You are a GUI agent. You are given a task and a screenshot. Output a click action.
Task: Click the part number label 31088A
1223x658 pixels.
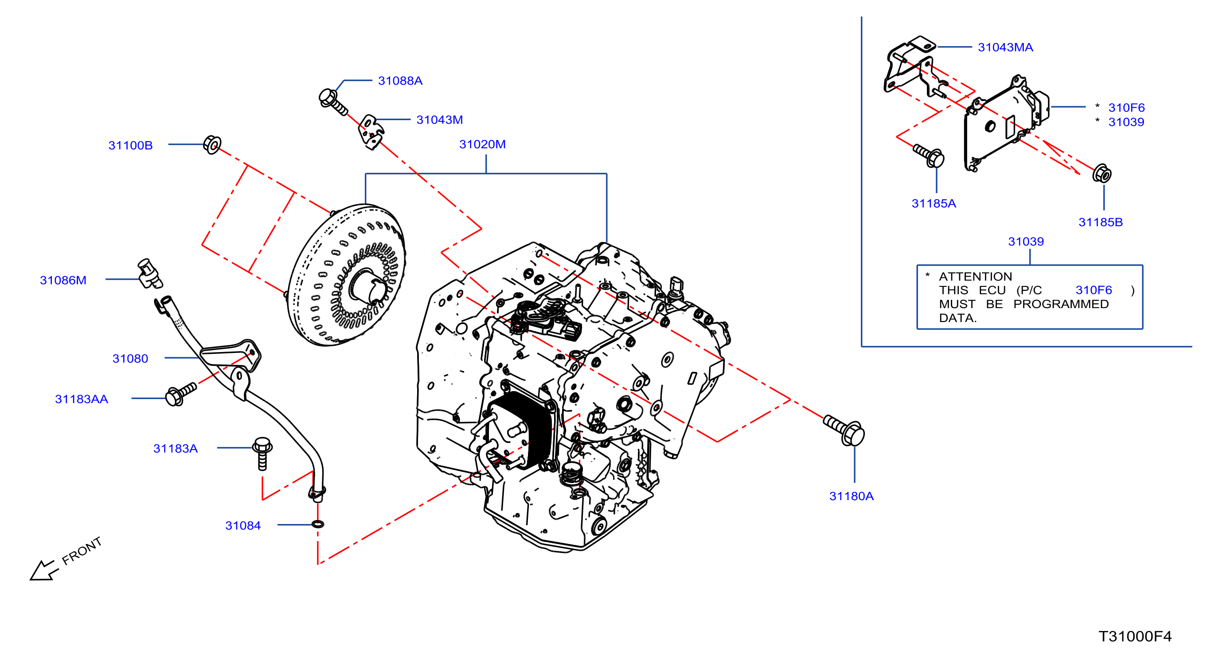[x=400, y=81]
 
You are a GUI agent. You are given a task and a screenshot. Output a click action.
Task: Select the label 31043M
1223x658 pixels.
[x=439, y=120]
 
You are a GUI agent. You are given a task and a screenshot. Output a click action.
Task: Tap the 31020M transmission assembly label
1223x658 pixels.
[x=482, y=144]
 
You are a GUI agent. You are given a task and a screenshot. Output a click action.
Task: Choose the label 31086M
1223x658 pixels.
[x=63, y=280]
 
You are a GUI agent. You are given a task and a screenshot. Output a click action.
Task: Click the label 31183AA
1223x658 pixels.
[x=81, y=399]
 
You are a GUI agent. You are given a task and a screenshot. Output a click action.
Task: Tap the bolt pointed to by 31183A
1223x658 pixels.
[x=262, y=454]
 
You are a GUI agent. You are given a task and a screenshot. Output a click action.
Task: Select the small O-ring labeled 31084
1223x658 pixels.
[x=318, y=524]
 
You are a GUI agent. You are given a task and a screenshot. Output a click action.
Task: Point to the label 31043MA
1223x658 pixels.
[x=1005, y=47]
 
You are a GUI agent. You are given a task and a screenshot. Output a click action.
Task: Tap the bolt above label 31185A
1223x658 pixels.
[x=929, y=156]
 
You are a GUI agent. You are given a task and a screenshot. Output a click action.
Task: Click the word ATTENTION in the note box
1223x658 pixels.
[x=975, y=276]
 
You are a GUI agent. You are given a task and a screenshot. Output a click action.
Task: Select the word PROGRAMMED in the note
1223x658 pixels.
[x=1061, y=304]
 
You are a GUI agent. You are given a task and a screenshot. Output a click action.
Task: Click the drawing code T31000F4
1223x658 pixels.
[x=1135, y=636]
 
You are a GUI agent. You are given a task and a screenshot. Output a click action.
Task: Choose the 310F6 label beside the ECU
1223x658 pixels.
[x=1126, y=108]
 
